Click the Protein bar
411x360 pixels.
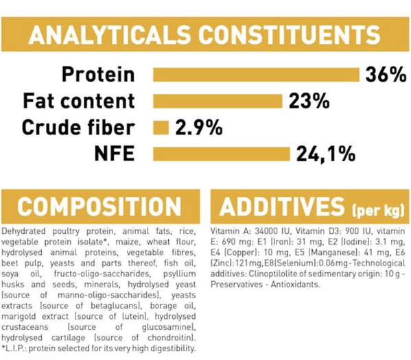pos(256,75)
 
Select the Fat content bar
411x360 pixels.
pos(218,101)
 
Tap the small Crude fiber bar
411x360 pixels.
pos(161,128)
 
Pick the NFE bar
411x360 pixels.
pos(222,154)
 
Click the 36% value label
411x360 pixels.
pos(386,75)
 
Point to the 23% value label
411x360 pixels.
pos(309,101)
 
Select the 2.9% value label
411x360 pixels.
pos(199,128)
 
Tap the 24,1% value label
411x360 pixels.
pos(326,154)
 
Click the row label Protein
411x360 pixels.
pos(98,75)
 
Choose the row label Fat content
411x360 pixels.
pos(79,101)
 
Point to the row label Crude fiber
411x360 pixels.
pos(78,128)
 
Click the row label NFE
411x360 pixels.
pos(115,154)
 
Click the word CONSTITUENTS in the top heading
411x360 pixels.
pos(289,34)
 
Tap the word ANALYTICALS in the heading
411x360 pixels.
pos(109,34)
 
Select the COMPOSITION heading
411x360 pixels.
pos(99,206)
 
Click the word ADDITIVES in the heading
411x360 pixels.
pos(282,206)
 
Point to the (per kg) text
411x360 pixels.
pos(378,210)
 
